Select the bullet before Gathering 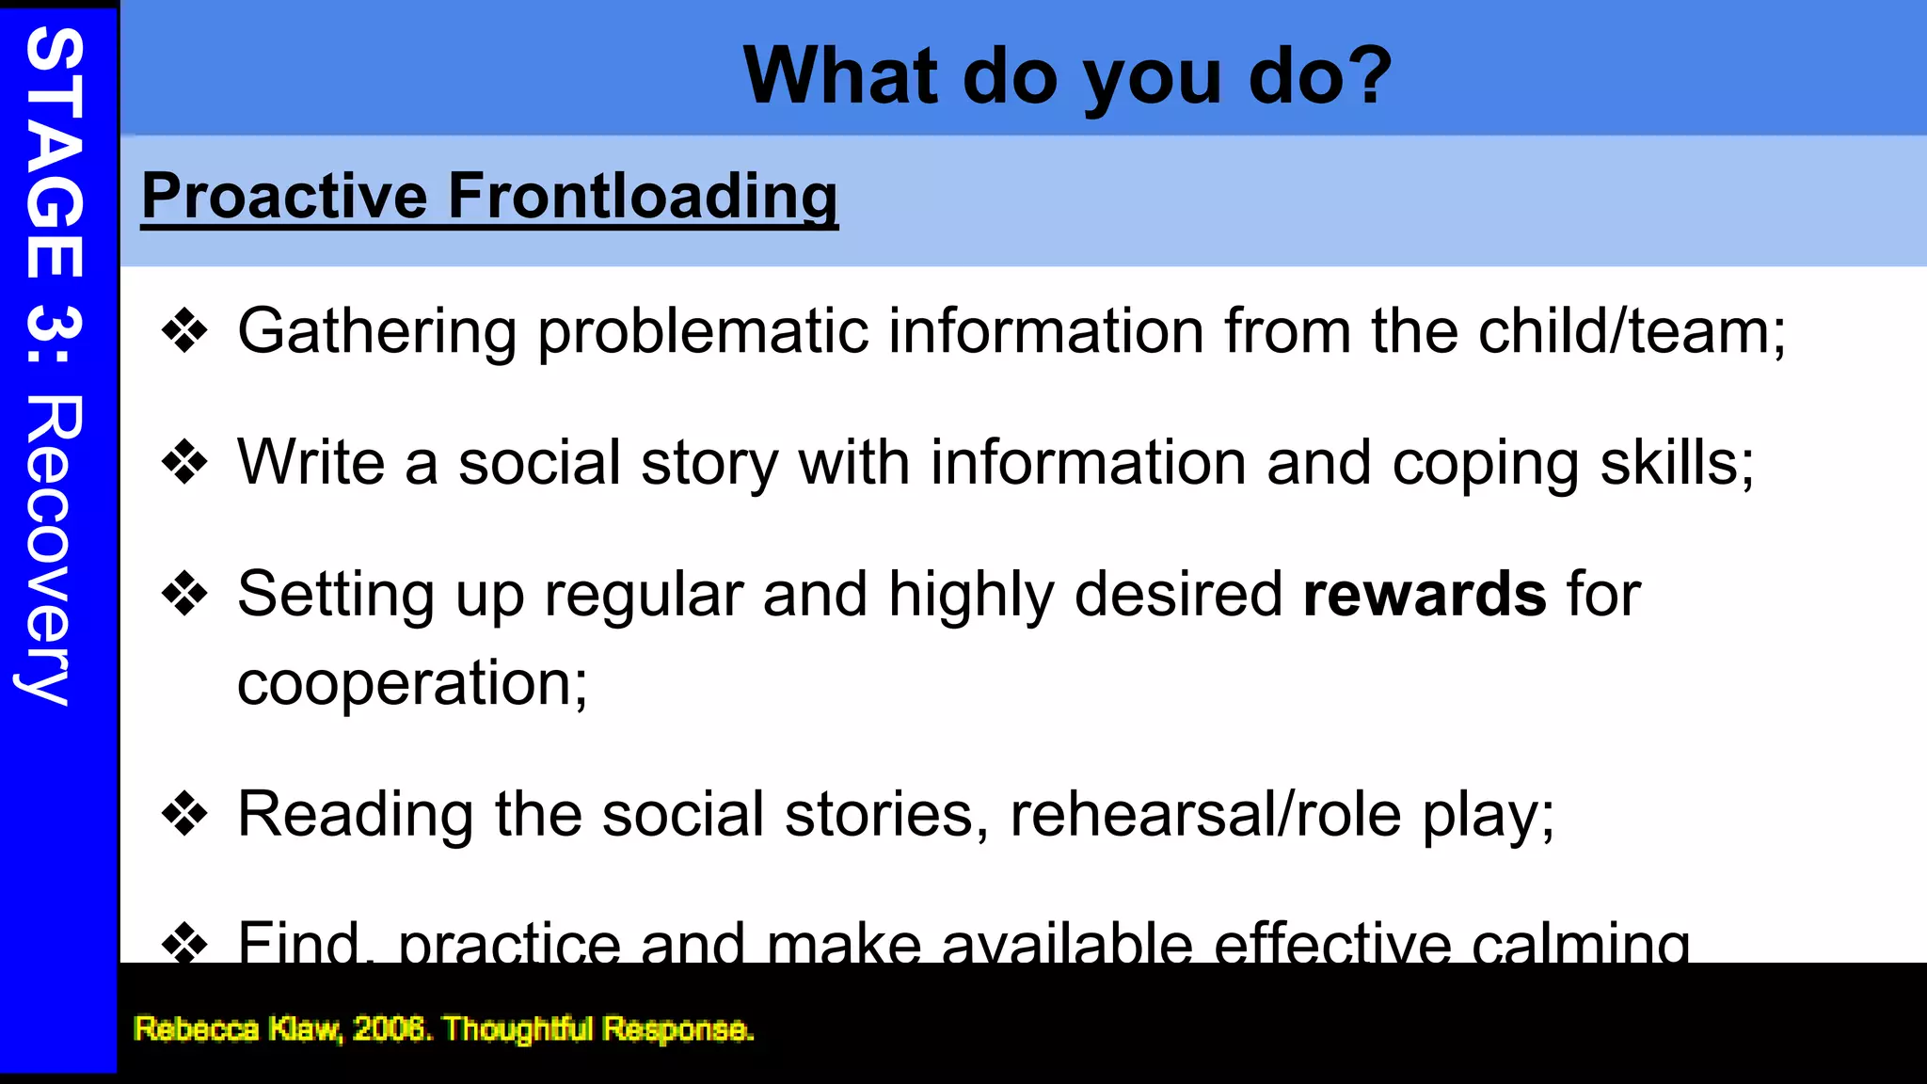coord(184,331)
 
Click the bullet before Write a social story coord(184,463)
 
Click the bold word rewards coord(1424,595)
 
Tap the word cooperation coord(412,683)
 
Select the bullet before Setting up coord(184,595)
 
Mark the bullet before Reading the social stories coord(184,814)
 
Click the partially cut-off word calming coord(1580,943)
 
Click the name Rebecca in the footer coord(196,1028)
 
